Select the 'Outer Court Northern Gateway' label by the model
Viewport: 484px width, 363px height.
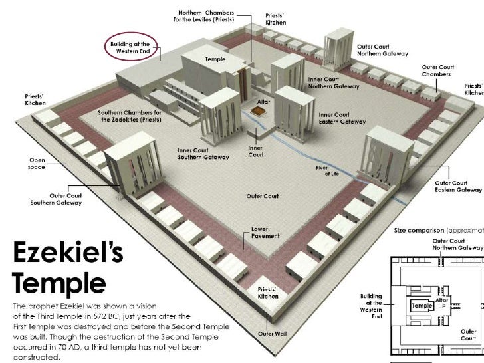click(x=383, y=50)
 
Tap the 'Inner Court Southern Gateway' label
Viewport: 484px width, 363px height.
click(x=203, y=154)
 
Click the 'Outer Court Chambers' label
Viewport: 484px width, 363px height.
click(x=437, y=70)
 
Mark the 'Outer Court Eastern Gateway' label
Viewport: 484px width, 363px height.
click(x=457, y=185)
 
